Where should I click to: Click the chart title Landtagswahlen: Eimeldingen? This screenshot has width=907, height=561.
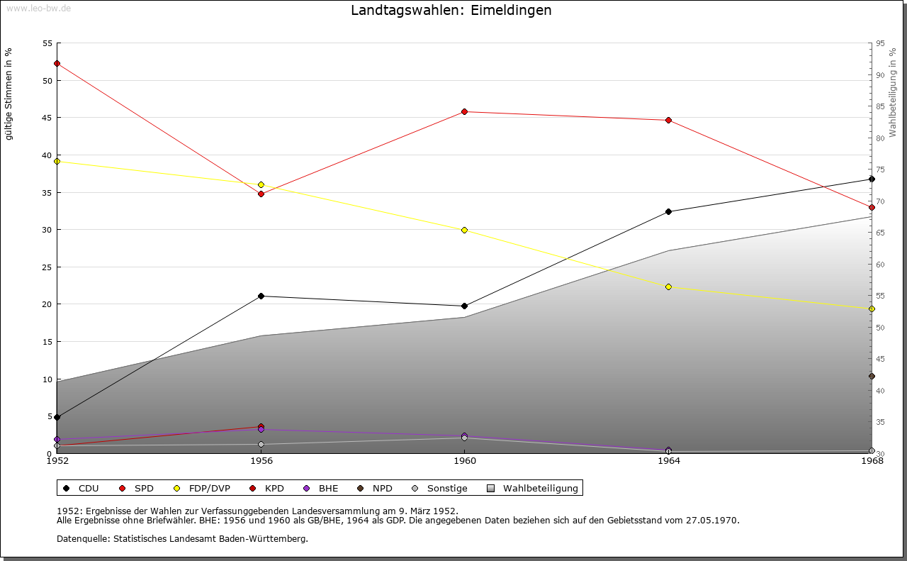tap(451, 10)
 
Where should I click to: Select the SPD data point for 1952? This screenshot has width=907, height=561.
tap(57, 64)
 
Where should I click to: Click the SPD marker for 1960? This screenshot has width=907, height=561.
tap(464, 112)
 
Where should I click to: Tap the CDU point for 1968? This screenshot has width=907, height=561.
tap(872, 179)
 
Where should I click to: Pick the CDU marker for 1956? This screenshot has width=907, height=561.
tap(261, 296)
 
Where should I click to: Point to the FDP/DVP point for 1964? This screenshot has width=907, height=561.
tap(668, 287)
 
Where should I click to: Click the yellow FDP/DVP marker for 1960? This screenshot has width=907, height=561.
tap(464, 230)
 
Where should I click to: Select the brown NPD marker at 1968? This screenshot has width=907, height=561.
tap(872, 377)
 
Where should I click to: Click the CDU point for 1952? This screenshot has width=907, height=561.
tap(57, 418)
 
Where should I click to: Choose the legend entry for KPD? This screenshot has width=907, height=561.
tap(267, 489)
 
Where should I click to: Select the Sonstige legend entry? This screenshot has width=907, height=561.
tap(439, 489)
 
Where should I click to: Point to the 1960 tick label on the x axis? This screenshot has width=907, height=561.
tap(465, 461)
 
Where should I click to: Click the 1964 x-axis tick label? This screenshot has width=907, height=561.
tap(669, 461)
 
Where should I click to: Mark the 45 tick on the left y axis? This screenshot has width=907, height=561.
tap(47, 118)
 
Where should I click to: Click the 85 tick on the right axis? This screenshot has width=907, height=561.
tap(880, 106)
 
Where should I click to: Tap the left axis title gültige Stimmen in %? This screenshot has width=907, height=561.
tap(9, 94)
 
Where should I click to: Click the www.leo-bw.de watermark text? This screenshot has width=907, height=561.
tap(38, 8)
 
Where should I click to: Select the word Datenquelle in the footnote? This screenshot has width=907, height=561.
tap(83, 539)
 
